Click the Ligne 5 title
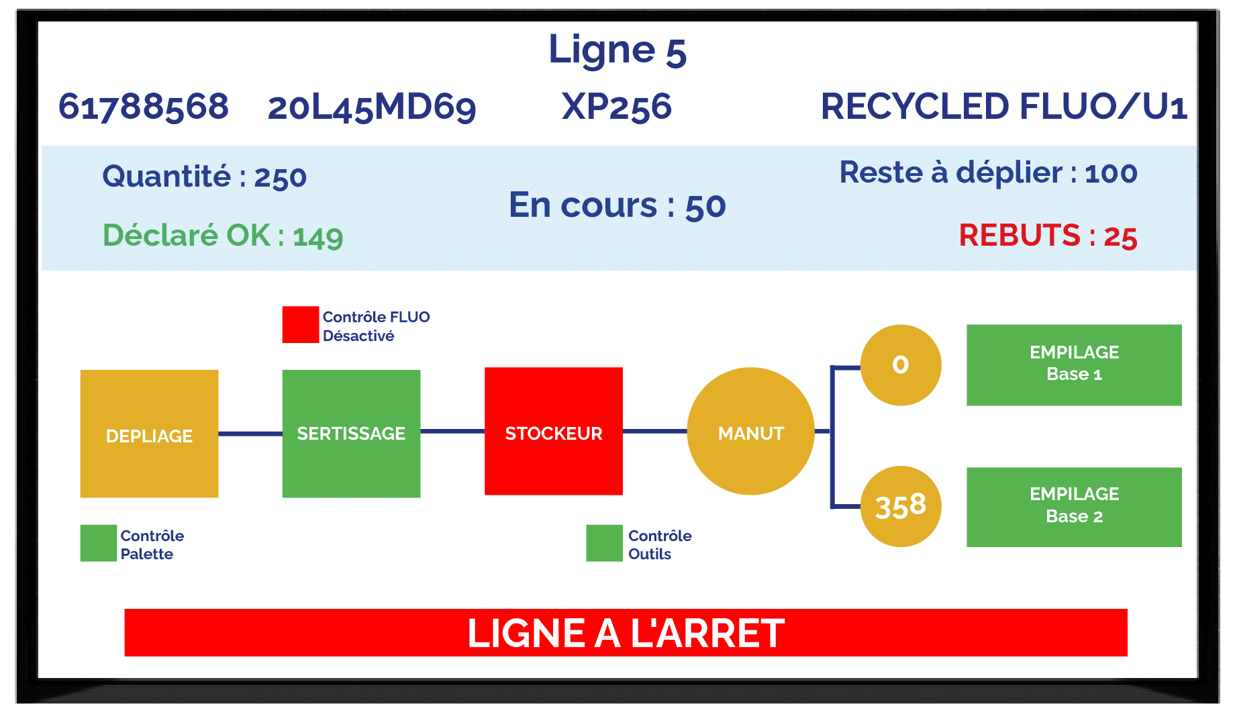(617, 51)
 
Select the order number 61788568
(144, 107)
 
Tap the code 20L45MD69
(372, 107)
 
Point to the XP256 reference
(617, 107)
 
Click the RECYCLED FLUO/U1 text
(1004, 107)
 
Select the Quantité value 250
(281, 178)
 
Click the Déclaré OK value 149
(318, 237)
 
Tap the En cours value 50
(705, 207)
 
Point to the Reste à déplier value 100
(1111, 173)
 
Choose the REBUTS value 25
(1121, 237)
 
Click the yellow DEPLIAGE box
(149, 434)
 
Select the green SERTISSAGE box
(351, 434)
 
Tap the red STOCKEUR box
(554, 431)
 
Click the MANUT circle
(751, 431)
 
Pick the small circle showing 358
(901, 506)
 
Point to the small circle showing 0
(901, 365)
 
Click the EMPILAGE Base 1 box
(1074, 365)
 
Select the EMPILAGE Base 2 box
(1074, 507)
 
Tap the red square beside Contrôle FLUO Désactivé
(301, 325)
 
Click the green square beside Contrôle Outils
(604, 543)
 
